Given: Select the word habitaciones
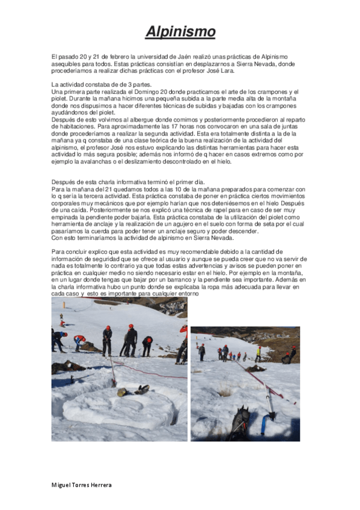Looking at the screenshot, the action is click(x=74, y=128).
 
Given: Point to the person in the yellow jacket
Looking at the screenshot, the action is click(x=258, y=353).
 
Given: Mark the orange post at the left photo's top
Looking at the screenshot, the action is click(x=61, y=314).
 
